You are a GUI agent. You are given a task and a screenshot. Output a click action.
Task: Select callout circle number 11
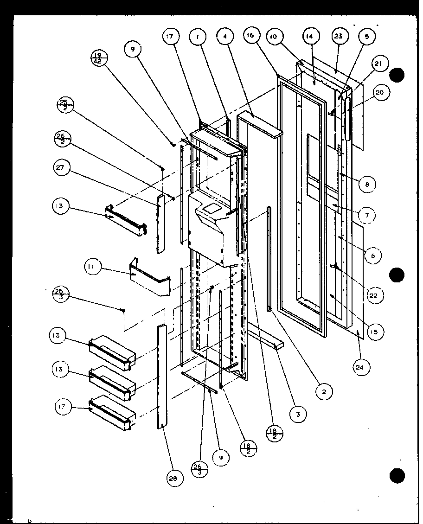(92, 267)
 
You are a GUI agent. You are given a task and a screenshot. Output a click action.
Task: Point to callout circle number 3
(298, 415)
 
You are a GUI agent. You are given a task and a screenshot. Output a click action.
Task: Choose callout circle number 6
(373, 255)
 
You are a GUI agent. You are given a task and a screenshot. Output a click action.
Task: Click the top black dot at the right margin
(397, 75)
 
